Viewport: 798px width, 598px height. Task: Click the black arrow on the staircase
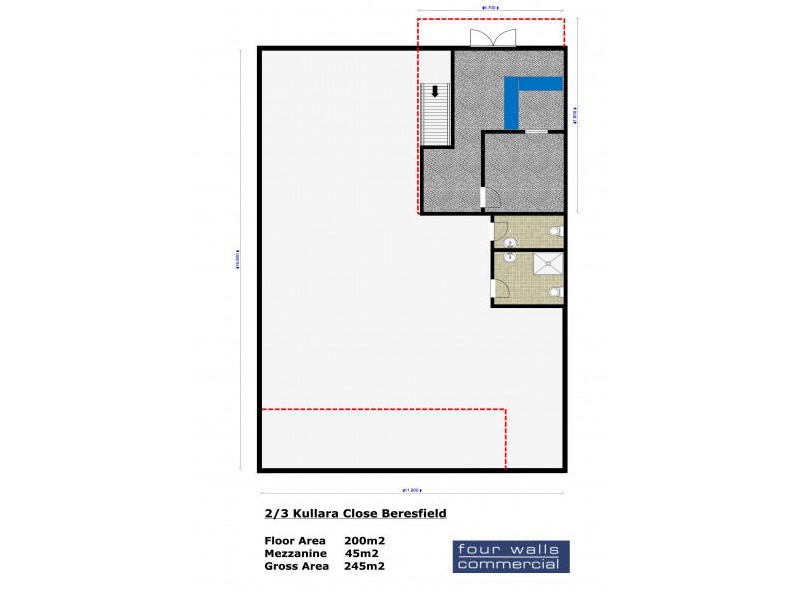[435, 91]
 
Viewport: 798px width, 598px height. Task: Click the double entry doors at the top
[493, 38]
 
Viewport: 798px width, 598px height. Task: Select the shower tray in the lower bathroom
[547, 264]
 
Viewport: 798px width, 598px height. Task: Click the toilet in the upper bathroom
[556, 232]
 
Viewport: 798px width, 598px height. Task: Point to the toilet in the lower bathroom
[556, 292]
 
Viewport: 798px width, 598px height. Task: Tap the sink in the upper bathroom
[509, 242]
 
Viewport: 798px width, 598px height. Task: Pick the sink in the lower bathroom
[509, 257]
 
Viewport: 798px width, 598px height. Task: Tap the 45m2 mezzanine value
[361, 553]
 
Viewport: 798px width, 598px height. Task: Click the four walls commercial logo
[511, 556]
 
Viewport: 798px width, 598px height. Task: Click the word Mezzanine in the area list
[297, 553]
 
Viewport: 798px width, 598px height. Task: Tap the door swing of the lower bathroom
[502, 289]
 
